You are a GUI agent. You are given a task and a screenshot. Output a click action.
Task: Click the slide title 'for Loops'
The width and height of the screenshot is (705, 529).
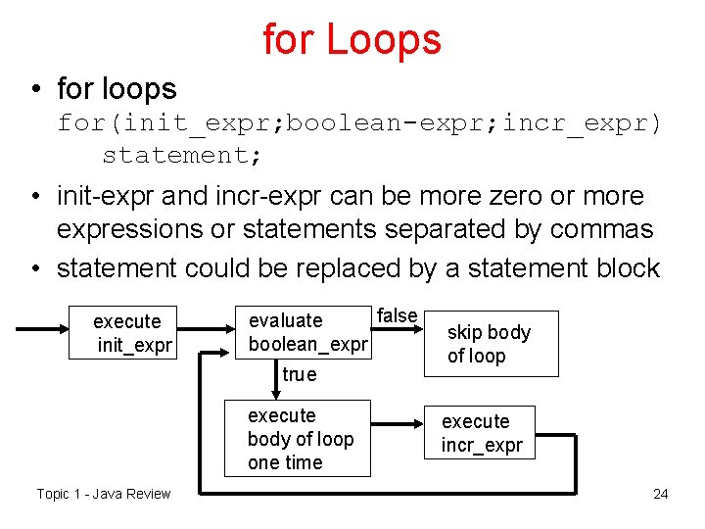click(x=352, y=39)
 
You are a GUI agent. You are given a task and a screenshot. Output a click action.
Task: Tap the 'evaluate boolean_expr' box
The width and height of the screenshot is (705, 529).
click(x=307, y=332)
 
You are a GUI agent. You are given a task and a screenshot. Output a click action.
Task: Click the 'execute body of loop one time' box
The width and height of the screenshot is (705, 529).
click(x=298, y=439)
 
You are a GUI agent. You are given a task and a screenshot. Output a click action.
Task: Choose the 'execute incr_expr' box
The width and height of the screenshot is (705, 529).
click(x=481, y=433)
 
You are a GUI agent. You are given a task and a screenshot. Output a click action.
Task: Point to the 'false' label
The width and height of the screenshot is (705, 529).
click(x=398, y=314)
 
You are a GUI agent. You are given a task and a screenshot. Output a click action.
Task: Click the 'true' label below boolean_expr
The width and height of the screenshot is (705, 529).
click(x=299, y=374)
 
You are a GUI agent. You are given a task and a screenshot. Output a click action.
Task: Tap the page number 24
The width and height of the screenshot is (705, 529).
click(x=661, y=493)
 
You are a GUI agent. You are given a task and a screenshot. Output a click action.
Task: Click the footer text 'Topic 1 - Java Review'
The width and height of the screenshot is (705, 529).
click(x=103, y=493)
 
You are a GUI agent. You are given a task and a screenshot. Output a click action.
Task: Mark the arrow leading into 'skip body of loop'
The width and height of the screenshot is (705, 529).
click(x=408, y=330)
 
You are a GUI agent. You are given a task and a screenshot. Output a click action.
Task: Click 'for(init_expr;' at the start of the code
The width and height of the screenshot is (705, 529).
click(x=167, y=123)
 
